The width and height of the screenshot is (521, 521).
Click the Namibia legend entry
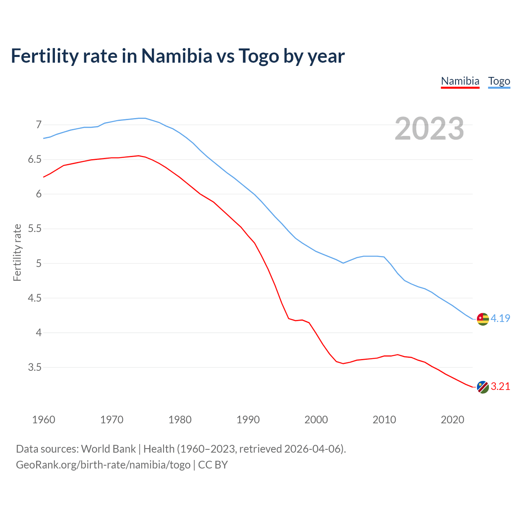pos(460,81)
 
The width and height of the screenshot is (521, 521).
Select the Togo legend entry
pos(499,81)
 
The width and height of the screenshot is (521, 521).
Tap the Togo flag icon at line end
pos(483,319)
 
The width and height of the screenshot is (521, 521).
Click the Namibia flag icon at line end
pos(483,387)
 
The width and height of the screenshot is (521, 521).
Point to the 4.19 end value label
pos(500,318)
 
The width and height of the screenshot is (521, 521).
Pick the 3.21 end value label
pos(500,386)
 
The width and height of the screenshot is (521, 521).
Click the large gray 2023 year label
pos(429,129)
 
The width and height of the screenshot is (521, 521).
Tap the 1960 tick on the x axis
pos(44,420)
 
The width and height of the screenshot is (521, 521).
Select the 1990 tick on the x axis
pos(248,420)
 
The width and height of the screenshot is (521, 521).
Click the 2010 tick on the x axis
pos(384,420)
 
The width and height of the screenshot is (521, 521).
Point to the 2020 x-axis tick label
pos(452,420)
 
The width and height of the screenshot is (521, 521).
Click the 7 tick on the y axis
pos(39,125)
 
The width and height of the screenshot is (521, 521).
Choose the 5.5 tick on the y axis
pos(35,229)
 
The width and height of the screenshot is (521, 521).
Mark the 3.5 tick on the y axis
pos(35,368)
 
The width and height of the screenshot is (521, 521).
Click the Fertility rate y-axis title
pos(17,252)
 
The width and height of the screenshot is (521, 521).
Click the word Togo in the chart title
pos(259,56)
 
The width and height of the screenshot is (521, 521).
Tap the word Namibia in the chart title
pos(177,56)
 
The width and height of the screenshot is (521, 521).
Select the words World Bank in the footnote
pos(108,449)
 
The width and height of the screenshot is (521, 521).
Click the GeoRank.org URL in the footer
pos(103,465)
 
